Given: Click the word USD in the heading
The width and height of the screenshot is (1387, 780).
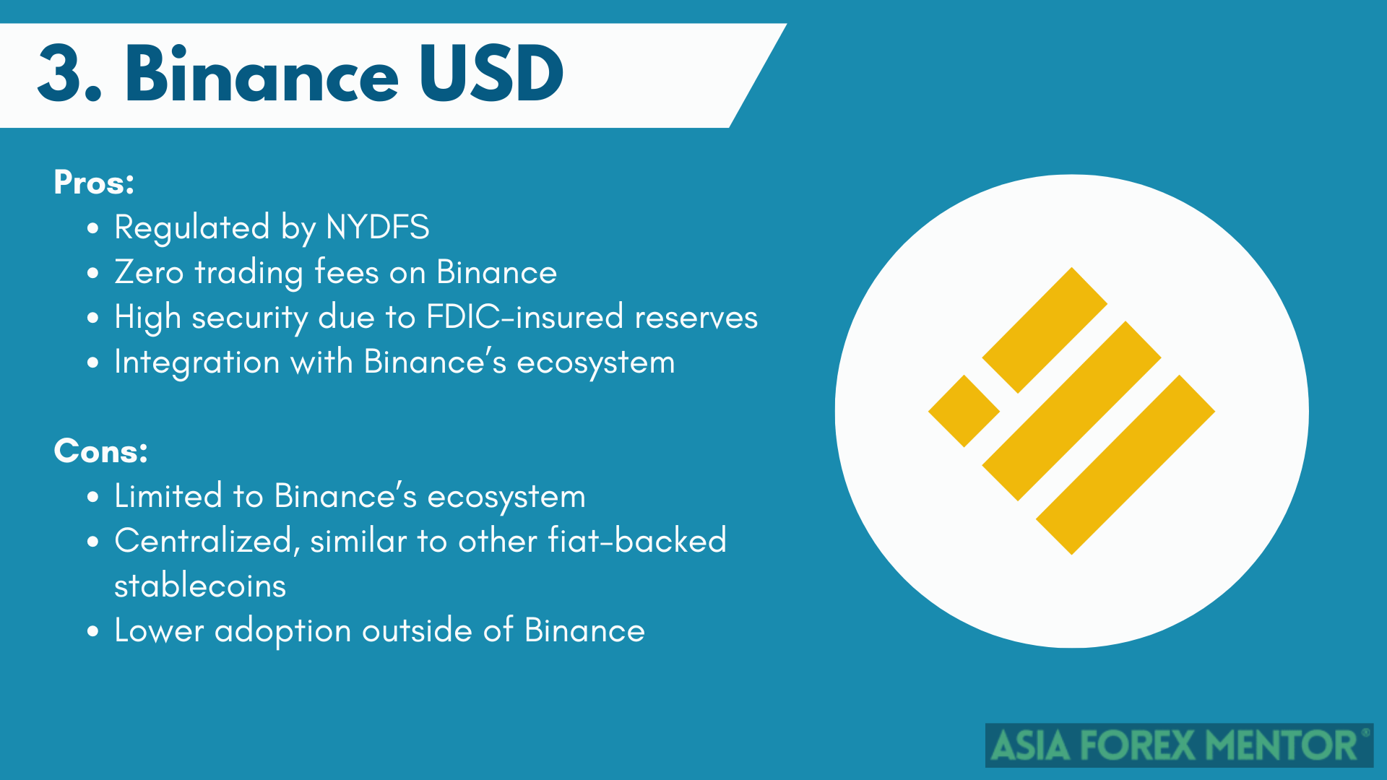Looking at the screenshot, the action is click(491, 74).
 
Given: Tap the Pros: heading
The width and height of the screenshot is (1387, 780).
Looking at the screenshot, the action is click(94, 183).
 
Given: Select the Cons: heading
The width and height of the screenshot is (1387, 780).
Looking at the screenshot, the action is click(100, 451).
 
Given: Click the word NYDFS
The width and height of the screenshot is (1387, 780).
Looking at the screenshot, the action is click(377, 227).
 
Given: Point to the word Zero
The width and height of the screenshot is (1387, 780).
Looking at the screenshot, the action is click(149, 272).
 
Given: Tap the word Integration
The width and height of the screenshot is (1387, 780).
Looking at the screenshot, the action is click(197, 363).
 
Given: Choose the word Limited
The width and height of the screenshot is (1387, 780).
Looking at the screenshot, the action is click(168, 496).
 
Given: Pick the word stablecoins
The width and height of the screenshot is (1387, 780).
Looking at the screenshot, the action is click(200, 586).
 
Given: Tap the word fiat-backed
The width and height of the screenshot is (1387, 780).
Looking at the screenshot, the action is click(637, 541).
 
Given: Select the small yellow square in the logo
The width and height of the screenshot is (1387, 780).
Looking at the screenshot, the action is click(964, 411).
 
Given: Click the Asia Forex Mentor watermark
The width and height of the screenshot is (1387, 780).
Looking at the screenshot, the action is click(1179, 745).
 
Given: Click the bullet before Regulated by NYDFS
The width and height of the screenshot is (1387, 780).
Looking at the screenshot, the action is click(92, 228).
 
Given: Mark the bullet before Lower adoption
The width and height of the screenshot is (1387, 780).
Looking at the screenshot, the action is click(92, 631).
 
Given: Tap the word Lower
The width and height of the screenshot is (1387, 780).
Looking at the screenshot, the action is click(160, 630).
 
